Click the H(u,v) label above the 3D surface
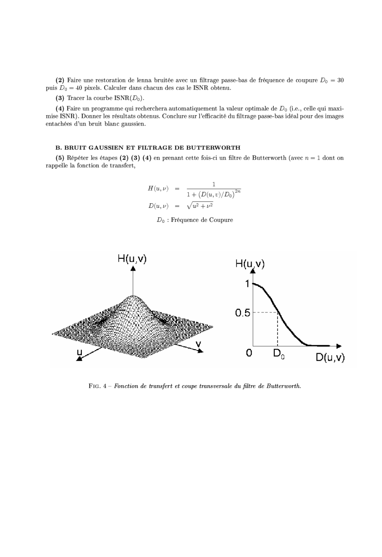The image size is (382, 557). pos(132,259)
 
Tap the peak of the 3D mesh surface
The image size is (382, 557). pos(133,297)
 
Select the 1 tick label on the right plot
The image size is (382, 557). pos(247,284)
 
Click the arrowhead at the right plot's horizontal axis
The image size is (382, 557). pos(339,346)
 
